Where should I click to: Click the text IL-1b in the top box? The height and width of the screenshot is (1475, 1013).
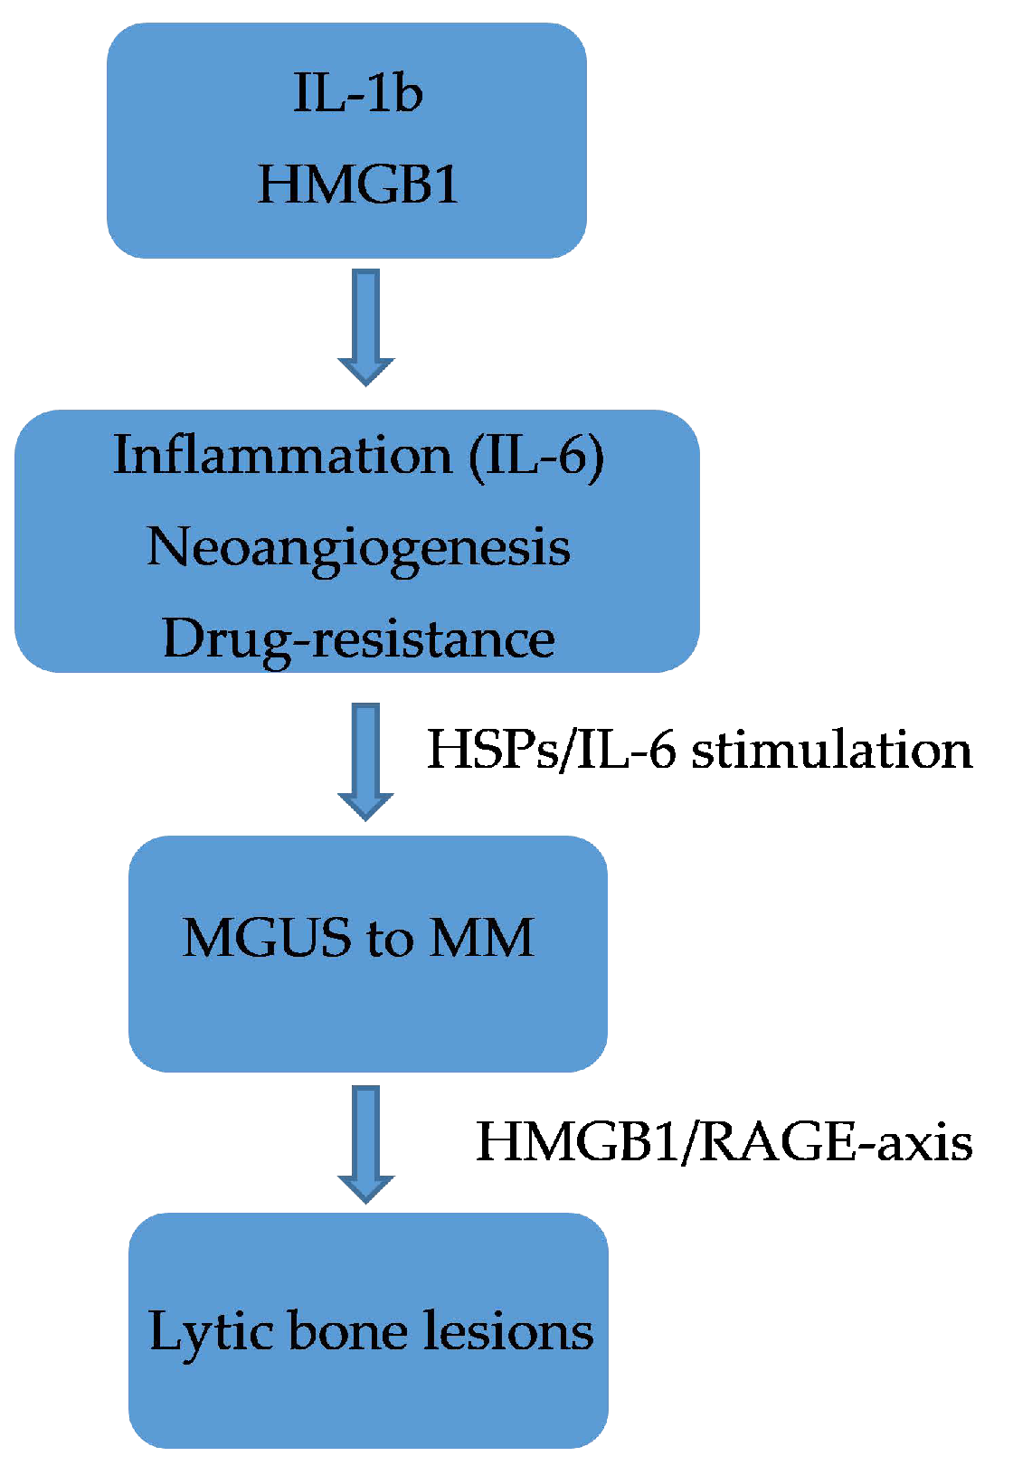[x=357, y=93]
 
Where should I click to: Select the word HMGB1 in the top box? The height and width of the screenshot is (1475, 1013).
[x=358, y=184]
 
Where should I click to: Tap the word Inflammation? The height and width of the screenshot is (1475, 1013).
[x=281, y=455]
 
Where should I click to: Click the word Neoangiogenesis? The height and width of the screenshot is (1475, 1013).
[x=358, y=548]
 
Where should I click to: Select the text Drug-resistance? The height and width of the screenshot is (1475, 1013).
[x=358, y=639]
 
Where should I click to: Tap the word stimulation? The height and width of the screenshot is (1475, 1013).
[x=832, y=750]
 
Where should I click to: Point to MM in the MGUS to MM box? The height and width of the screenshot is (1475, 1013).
[x=481, y=938]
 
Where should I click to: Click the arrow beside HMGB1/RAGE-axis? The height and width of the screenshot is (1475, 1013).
[x=366, y=1144]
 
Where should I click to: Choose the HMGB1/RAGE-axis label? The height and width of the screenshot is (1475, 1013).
[x=724, y=1141]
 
